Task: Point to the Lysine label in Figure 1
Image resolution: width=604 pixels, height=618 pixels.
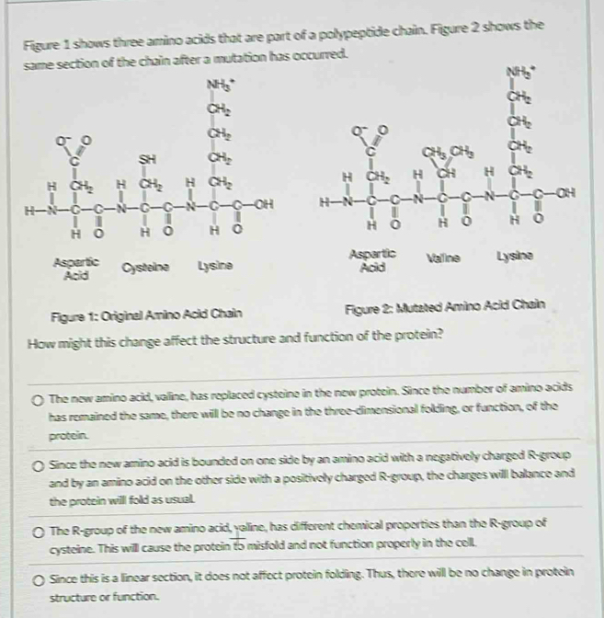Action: (215, 266)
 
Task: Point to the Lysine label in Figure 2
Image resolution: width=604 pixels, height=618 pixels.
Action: (514, 259)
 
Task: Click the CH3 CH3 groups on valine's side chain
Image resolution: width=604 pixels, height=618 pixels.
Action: (439, 152)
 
